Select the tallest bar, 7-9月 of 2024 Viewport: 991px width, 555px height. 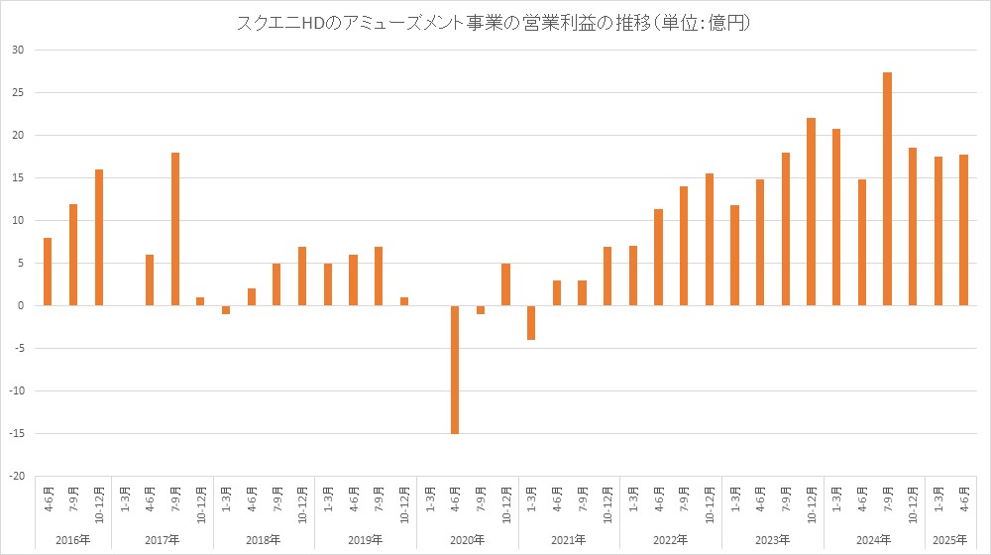[887, 188]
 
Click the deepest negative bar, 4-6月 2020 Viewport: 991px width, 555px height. [455, 369]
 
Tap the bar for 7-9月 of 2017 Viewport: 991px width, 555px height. [175, 229]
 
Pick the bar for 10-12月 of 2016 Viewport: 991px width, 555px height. [99, 237]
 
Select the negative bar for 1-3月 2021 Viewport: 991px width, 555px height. [531, 322]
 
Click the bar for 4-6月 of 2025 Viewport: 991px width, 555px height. [963, 230]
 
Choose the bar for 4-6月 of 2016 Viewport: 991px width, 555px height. [48, 271]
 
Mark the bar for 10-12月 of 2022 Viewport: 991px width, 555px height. [710, 239]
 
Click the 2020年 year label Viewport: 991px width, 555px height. [468, 539]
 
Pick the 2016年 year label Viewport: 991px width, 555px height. [73, 539]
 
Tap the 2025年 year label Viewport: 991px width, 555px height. [950, 539]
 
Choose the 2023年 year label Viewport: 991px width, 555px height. [772, 539]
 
